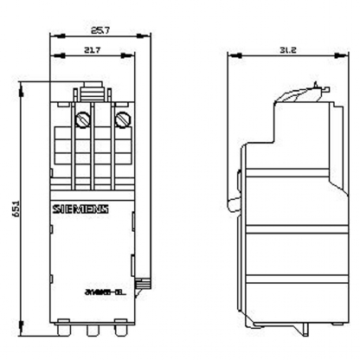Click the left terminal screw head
[x=86, y=119]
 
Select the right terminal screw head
[x=121, y=119]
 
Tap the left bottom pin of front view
[x=67, y=330]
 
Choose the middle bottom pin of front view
[x=93, y=330]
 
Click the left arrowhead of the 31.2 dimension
[x=228, y=56]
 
